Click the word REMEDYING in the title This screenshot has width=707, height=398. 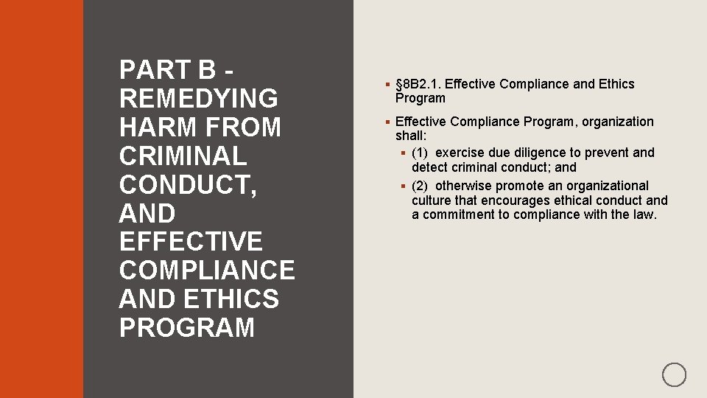coord(198,99)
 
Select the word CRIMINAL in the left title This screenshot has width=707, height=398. coord(183,156)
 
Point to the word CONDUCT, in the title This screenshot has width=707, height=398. coord(188,185)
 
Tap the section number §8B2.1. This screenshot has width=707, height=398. coord(418,84)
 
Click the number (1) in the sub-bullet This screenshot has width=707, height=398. coord(420,153)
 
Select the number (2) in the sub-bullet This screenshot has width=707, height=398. coord(420,186)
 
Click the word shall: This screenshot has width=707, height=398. coord(411,136)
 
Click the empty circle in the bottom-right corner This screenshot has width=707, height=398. coord(674,374)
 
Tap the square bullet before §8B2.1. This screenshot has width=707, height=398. coord(387,84)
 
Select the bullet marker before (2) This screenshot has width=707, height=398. coord(404,186)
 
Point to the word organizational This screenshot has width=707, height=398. coord(608,186)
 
